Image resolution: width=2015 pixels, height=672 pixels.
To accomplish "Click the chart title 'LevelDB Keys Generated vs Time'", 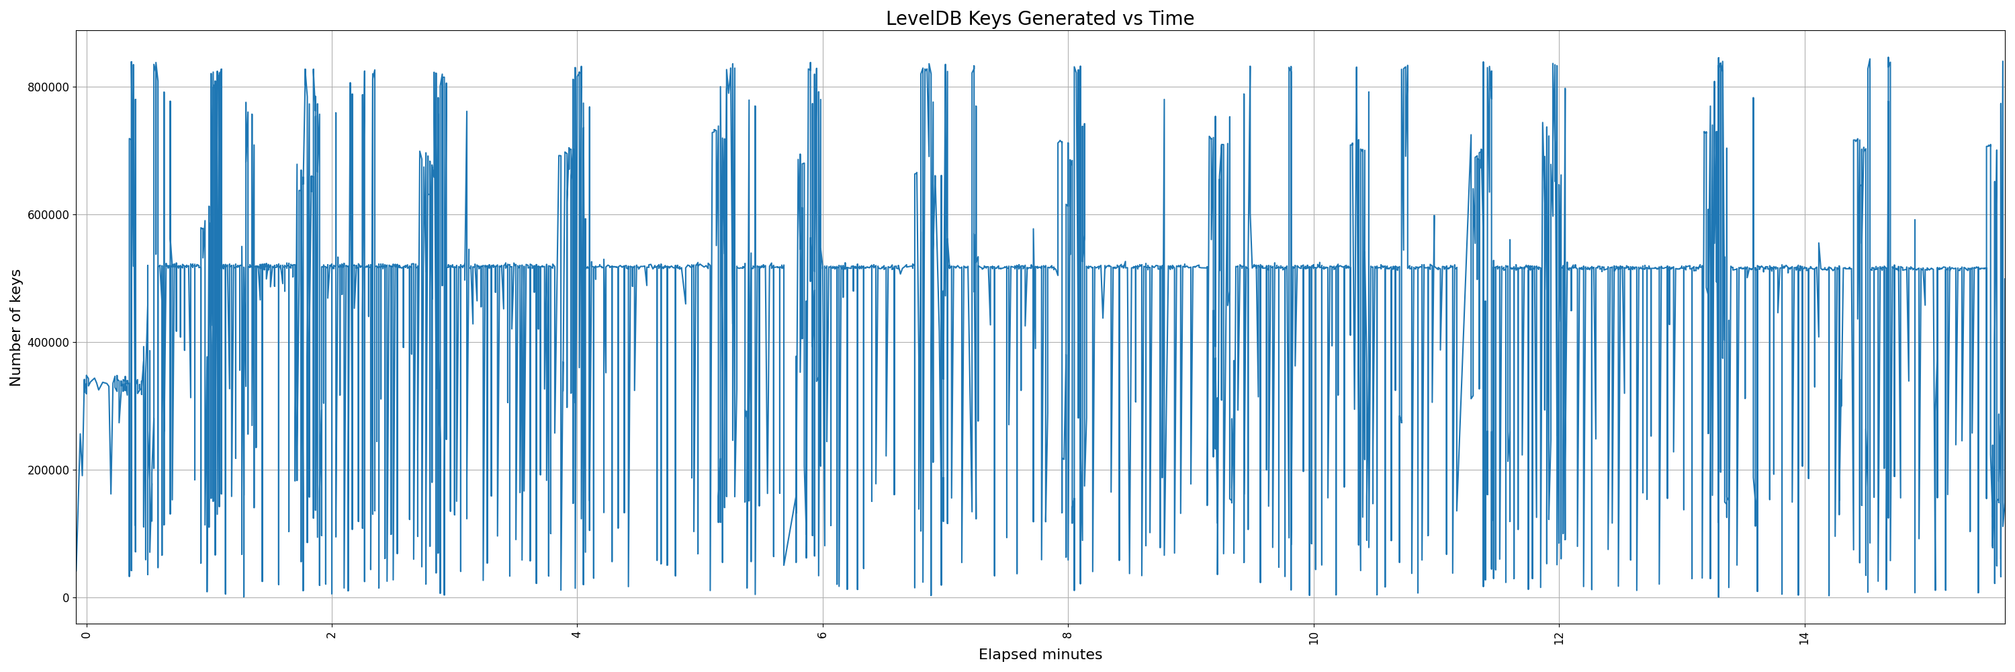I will pyautogui.click(x=1040, y=18).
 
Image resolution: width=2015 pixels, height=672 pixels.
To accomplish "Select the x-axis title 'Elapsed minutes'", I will pyautogui.click(x=1040, y=655).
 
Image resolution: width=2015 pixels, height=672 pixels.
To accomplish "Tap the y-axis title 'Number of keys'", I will pyautogui.click(x=15, y=328).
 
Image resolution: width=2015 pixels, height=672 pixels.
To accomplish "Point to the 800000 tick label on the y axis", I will pyautogui.click(x=46, y=87).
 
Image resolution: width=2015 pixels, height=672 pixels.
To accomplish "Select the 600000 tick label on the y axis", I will pyautogui.click(x=46, y=215).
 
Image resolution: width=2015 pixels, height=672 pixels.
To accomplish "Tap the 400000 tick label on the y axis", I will pyautogui.click(x=46, y=343).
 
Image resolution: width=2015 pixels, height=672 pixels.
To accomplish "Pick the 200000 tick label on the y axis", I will pyautogui.click(x=46, y=470).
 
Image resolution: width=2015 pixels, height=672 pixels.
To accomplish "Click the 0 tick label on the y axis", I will pyautogui.click(x=66, y=597).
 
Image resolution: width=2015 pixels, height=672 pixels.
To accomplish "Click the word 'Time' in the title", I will pyautogui.click(x=1171, y=18).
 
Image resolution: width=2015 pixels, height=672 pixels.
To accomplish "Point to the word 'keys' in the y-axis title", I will pyautogui.click(x=15, y=286).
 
